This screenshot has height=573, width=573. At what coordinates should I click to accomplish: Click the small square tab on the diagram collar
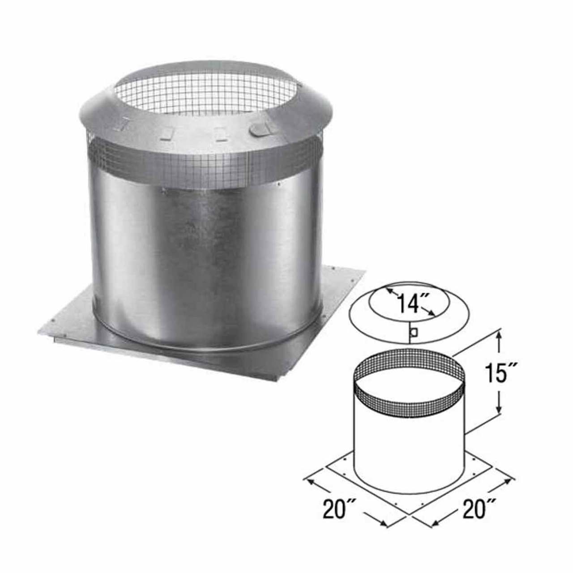coord(415,333)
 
